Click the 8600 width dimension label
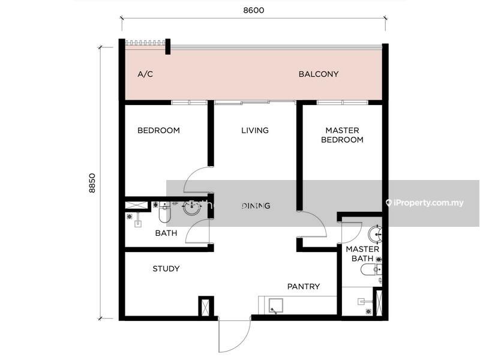(253, 10)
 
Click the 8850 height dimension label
(92, 183)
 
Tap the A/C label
(145, 74)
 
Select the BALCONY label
(319, 74)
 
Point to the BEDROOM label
(158, 130)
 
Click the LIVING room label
(254, 130)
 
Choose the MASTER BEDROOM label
(342, 135)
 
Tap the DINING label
(256, 206)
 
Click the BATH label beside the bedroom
(166, 233)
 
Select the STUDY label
(166, 269)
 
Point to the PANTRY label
(304, 287)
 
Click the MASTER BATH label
(362, 254)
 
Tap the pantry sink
(275, 306)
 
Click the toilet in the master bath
(371, 270)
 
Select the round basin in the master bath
(375, 234)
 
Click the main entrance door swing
(235, 335)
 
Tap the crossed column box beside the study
(205, 306)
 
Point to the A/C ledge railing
(145, 43)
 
